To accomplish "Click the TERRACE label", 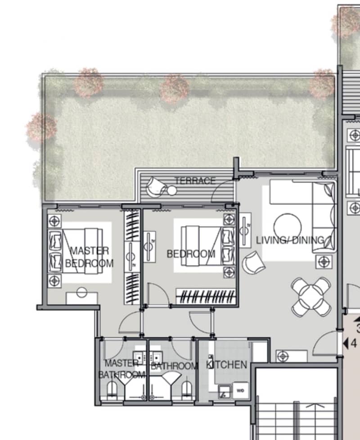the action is (x=195, y=181).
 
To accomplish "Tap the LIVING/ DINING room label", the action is (x=290, y=240).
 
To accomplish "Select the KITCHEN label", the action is (x=226, y=364).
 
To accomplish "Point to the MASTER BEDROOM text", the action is (x=89, y=257).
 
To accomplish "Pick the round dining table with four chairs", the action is (x=311, y=297).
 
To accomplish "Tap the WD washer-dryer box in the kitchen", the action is (x=241, y=390).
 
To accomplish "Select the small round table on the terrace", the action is (x=171, y=191).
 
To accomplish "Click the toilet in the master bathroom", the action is (x=112, y=390).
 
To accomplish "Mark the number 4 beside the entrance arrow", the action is (x=354, y=344).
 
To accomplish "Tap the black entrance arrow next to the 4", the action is (x=346, y=343).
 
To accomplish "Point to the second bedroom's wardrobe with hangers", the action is (x=206, y=296).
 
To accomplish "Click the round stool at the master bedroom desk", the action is (x=81, y=292).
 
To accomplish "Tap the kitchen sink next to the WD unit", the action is (x=225, y=392).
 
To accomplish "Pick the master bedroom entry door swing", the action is (x=129, y=323).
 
